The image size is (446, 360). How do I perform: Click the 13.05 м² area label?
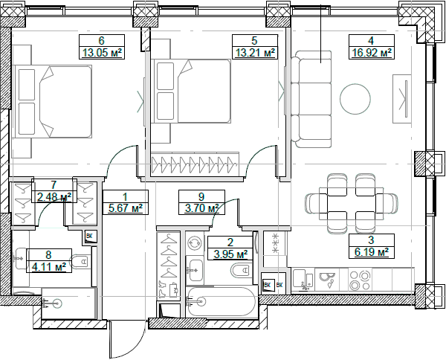[100, 53]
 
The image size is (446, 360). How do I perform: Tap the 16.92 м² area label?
[371, 53]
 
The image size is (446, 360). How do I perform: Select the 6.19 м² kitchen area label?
[371, 253]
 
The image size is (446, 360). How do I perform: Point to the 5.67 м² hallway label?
[125, 209]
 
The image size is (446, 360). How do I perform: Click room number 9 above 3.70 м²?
[201, 197]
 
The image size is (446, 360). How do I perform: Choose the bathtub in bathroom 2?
[221, 303]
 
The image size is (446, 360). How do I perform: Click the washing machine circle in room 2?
[195, 242]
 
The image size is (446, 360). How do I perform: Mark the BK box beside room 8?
[90, 237]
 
